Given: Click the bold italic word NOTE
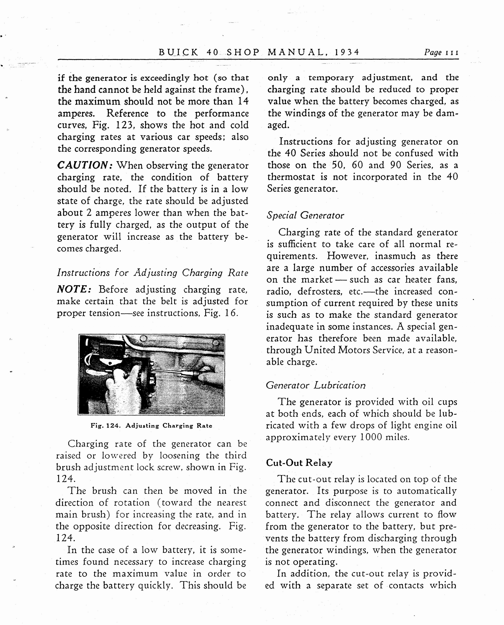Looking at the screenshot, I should point(74,289).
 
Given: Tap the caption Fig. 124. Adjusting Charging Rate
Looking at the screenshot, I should point(151,426).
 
